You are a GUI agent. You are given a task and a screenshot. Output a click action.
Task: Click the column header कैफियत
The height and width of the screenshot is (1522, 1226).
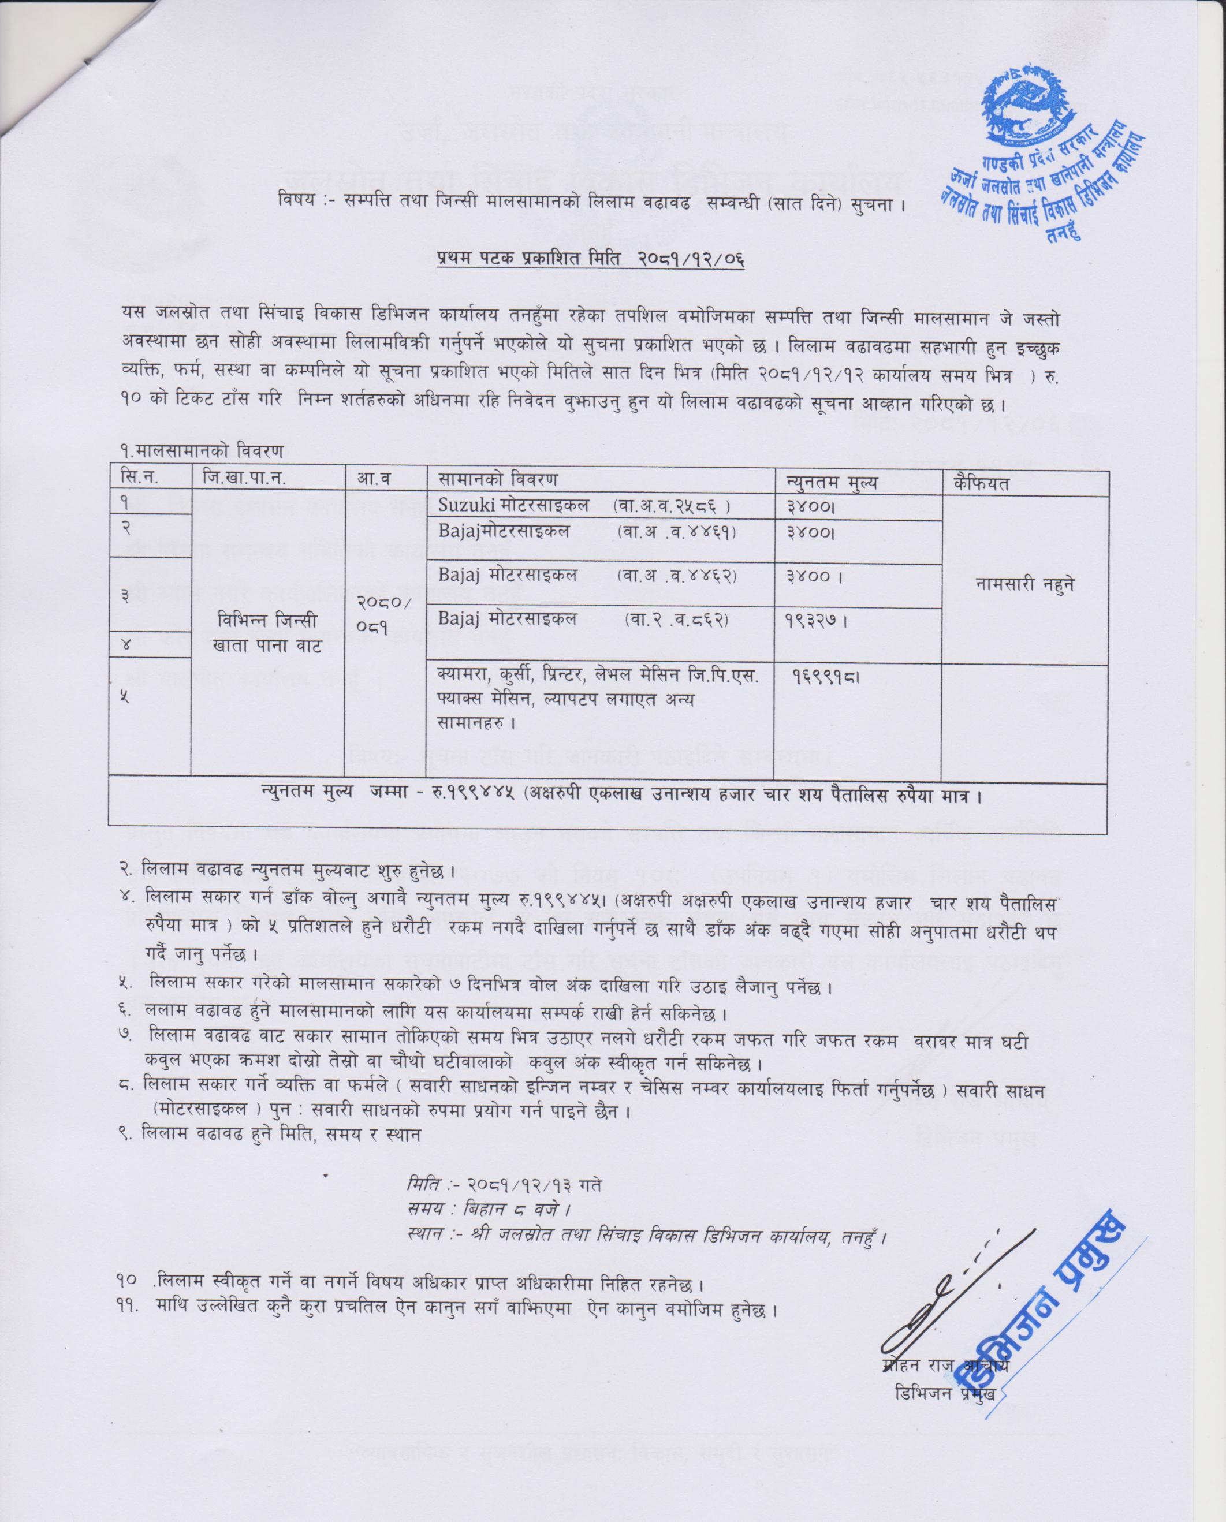pos(980,484)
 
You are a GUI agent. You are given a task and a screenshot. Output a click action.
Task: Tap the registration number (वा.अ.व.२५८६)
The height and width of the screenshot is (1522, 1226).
pos(672,506)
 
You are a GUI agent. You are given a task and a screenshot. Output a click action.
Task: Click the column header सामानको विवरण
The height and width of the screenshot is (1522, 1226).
pos(497,480)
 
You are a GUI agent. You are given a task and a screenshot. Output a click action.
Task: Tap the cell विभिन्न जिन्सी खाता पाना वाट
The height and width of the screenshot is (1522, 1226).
pos(267,633)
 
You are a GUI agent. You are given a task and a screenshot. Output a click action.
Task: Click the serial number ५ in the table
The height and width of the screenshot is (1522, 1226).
pos(124,697)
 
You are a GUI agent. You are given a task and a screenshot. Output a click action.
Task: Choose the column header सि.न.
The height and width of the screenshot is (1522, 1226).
pos(139,479)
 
